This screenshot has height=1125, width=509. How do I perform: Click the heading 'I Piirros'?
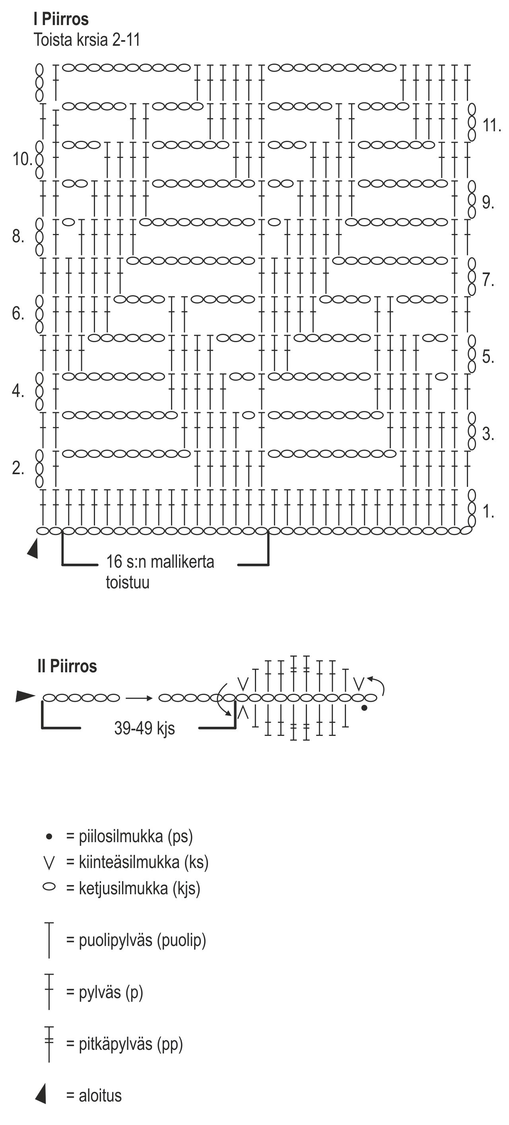pyautogui.click(x=61, y=19)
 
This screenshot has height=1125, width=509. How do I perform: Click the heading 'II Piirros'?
pyautogui.click(x=67, y=666)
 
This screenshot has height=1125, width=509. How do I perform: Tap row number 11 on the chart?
pyautogui.click(x=491, y=126)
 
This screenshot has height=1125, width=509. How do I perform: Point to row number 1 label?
pyautogui.click(x=488, y=512)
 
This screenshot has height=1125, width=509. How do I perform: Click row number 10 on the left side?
pyautogui.click(x=22, y=160)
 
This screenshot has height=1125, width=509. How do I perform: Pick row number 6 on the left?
pyautogui.click(x=18, y=313)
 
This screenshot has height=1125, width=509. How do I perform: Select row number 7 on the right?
pyautogui.click(x=488, y=280)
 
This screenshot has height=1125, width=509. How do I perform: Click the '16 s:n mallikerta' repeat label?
pyautogui.click(x=160, y=562)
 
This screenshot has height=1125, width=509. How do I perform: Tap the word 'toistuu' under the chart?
pyautogui.click(x=128, y=582)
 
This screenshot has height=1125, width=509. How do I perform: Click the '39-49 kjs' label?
pyautogui.click(x=144, y=728)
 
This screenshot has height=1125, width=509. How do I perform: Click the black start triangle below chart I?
pyautogui.click(x=33, y=549)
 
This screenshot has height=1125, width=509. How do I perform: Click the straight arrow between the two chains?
pyautogui.click(x=139, y=698)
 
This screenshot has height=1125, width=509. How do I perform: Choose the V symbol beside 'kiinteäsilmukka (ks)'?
pyautogui.click(x=49, y=863)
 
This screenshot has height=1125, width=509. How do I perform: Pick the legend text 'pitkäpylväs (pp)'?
pyautogui.click(x=130, y=1044)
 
